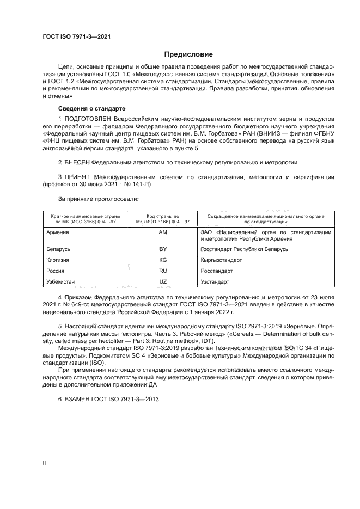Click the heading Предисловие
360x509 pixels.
(x=189, y=54)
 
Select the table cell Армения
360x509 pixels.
(x=58, y=232)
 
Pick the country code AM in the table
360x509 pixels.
(x=162, y=232)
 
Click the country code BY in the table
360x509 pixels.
(x=162, y=249)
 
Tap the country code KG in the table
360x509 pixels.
(x=162, y=260)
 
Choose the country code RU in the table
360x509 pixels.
(x=162, y=271)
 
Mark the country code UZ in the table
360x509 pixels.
(x=162, y=281)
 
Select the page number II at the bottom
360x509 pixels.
(x=45, y=462)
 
